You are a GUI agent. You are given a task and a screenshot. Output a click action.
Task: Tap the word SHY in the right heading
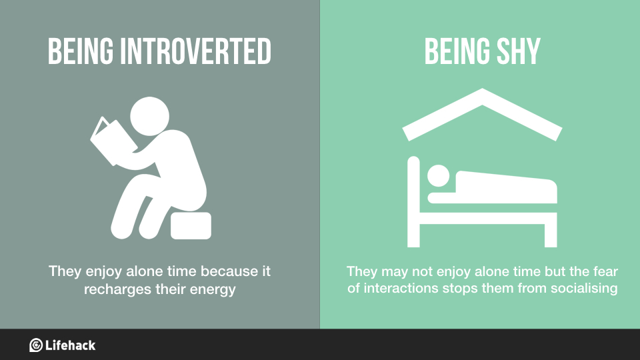pos(515,52)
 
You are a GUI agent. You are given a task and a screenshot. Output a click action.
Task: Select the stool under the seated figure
pos(191,226)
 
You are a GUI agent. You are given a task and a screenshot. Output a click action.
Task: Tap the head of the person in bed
pos(438,176)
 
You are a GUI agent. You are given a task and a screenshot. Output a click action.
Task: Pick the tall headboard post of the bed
pos(413,200)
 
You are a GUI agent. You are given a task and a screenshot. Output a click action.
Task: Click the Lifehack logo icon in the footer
pos(36,345)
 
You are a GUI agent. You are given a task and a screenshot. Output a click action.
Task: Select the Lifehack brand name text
pos(71,345)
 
